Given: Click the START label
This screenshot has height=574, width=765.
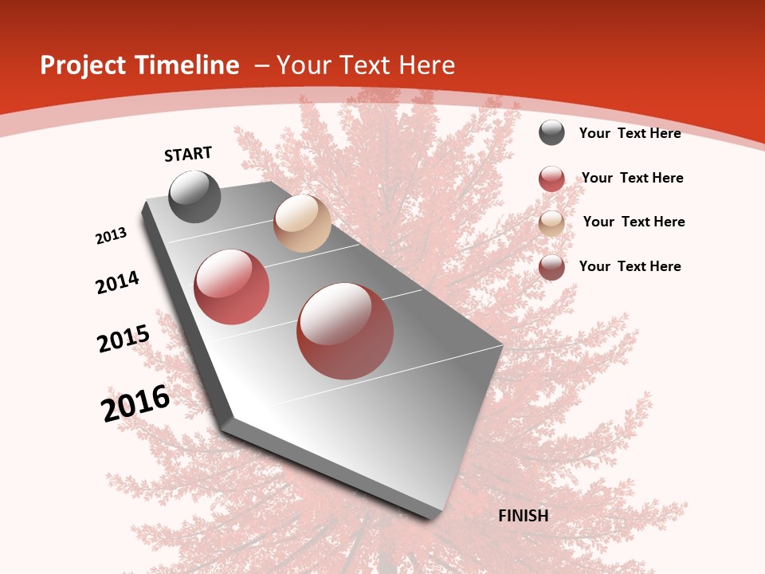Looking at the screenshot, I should point(188,154).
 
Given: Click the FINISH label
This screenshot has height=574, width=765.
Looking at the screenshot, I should point(524,516).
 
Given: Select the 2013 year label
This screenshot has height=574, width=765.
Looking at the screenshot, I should point(112,236).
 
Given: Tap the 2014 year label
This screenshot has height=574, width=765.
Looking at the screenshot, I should point(118,282).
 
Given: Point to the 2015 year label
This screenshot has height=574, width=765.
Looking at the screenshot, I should point(124,339).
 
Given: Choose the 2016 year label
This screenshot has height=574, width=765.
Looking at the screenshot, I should point(135,403).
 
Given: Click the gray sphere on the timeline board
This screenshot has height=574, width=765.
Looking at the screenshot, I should point(195,196).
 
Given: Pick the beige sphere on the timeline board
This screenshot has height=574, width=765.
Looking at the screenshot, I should point(302,223).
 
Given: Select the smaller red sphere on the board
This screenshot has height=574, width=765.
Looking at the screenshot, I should point(232,287).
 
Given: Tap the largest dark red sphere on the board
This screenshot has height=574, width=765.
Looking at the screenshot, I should point(345,331).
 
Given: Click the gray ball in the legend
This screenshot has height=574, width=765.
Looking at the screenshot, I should point(551,132).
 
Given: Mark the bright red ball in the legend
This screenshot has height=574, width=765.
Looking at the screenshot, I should point(551,178).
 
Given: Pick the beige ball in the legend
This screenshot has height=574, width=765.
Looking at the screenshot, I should point(551,222).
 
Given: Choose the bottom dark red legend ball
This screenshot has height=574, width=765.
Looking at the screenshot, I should point(551,267).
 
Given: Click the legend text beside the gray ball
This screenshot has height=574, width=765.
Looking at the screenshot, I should point(630,133).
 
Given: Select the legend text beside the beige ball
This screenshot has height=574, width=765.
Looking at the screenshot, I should point(634,222).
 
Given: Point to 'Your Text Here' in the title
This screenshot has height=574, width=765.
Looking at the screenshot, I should point(366,65).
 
